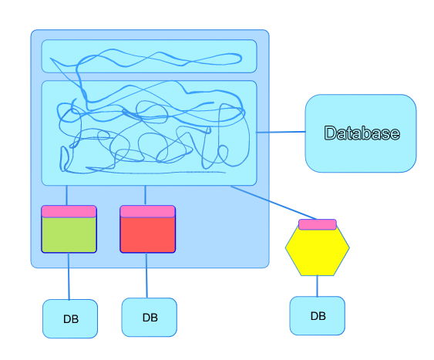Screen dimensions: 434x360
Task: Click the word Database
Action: tap(362, 133)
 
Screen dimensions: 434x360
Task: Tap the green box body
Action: tap(69, 234)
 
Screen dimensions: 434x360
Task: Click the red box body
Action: tap(147, 234)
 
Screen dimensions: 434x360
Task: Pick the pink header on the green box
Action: tap(69, 211)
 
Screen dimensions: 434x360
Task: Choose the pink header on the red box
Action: tap(147, 211)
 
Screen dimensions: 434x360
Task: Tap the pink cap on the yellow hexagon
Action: tap(318, 224)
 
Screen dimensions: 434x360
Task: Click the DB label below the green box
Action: tap(71, 319)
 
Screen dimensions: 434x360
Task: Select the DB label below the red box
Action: tap(150, 318)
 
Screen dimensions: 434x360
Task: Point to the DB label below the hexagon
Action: tap(318, 316)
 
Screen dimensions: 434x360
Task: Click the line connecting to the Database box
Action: tap(281, 133)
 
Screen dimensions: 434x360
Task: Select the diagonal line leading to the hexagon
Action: tap(274, 203)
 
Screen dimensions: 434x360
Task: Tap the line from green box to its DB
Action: tap(69, 276)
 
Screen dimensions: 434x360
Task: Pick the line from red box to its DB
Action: tap(146, 275)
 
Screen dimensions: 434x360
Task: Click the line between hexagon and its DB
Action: tap(317, 286)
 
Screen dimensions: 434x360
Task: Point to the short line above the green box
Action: tap(66, 195)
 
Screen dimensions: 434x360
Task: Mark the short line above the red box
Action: tap(146, 195)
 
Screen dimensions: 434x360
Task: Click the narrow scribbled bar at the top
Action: tap(150, 56)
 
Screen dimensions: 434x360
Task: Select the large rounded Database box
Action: tap(361, 133)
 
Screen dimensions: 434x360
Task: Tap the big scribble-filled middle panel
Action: tap(150, 133)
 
